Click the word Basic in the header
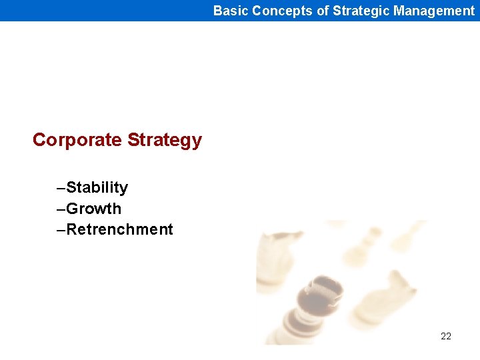pos(231,11)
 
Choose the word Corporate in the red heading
pos(77,140)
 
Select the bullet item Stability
pos(97,187)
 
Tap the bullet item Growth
pos(94,209)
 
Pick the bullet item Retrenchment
pos(120,229)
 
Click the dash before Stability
pos(61,188)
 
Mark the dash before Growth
pos(61,209)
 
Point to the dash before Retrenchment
pos(61,230)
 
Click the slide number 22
pos(446,336)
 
